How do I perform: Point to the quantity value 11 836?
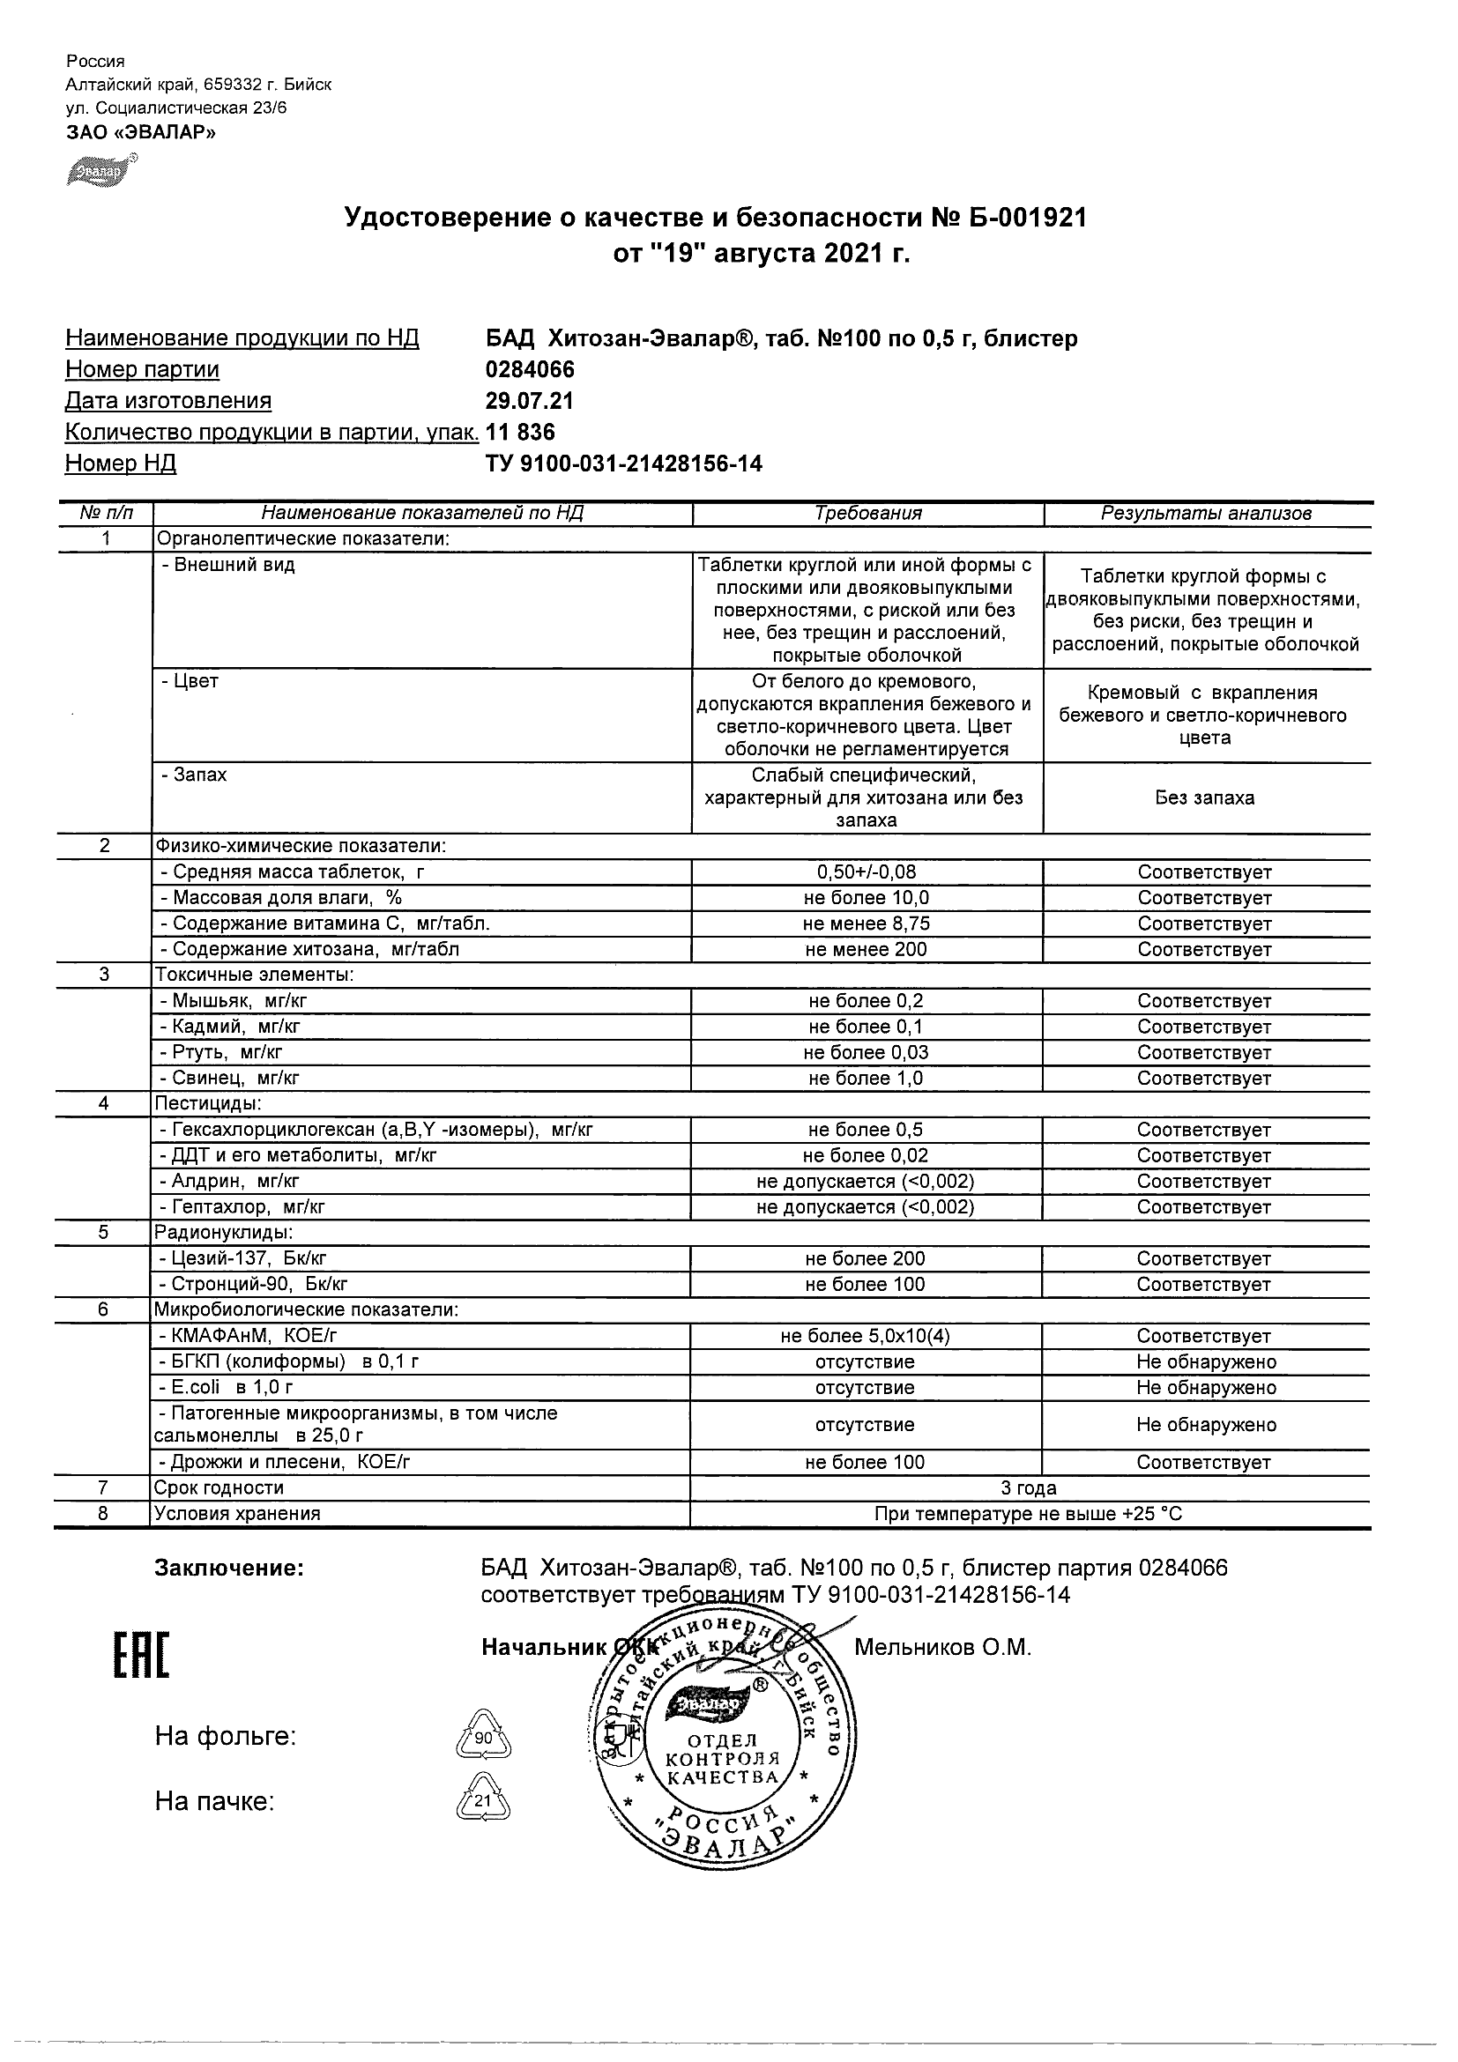click(520, 432)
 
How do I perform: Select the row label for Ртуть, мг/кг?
click(221, 1052)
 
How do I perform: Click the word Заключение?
click(229, 1569)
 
